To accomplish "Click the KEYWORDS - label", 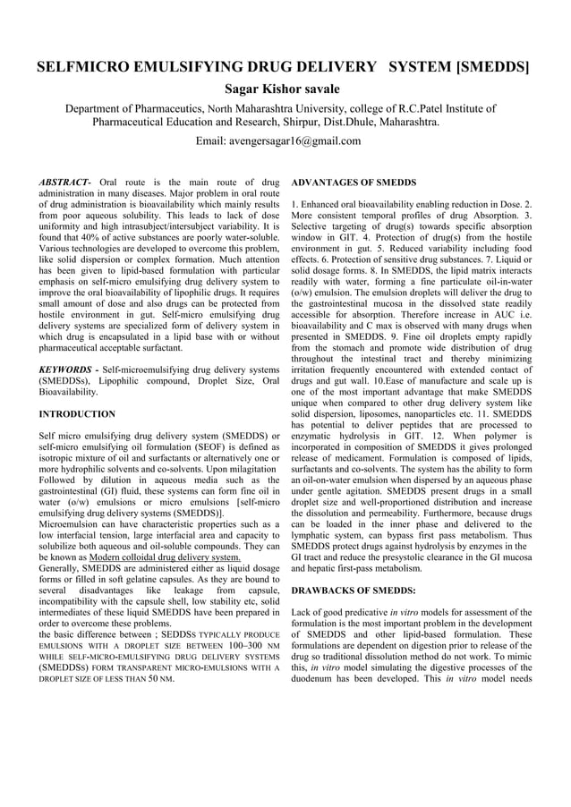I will click(68, 369).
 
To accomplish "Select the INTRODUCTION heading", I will click(77, 414).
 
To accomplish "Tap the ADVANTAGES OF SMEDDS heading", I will click(354, 183).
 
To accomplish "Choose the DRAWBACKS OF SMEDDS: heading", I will click(354, 591).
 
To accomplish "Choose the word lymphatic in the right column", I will click(318, 533).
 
